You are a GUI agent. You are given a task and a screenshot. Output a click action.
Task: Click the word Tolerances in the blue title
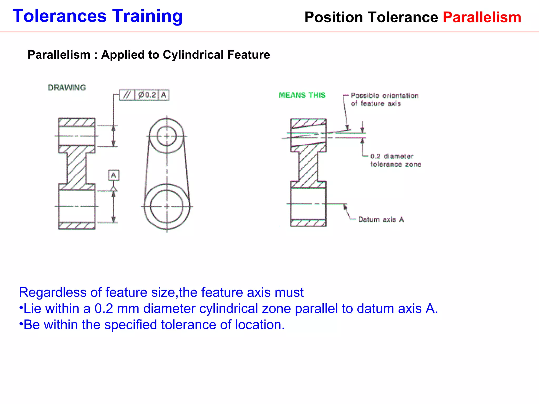59,16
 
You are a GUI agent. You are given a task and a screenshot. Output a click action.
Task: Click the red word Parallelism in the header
482,17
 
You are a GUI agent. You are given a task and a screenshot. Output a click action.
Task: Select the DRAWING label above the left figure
67,88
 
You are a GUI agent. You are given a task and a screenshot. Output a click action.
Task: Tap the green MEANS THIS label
302,95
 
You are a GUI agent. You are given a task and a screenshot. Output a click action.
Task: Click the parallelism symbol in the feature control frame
127,95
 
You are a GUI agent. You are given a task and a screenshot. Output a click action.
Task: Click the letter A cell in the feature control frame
164,95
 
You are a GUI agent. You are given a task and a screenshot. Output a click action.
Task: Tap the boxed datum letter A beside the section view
113,175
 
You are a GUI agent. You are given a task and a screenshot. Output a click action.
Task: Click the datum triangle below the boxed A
113,189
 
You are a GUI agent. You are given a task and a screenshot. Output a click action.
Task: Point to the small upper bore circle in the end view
167,136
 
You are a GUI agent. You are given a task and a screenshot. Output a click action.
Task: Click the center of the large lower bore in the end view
167,206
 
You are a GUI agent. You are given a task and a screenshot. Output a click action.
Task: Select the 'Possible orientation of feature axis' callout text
384,99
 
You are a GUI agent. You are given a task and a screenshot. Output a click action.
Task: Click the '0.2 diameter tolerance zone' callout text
395,160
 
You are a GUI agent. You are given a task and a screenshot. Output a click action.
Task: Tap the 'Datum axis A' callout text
381,219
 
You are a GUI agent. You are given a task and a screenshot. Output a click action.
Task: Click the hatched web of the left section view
76,168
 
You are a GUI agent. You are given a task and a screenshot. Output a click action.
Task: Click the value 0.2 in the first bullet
104,309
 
